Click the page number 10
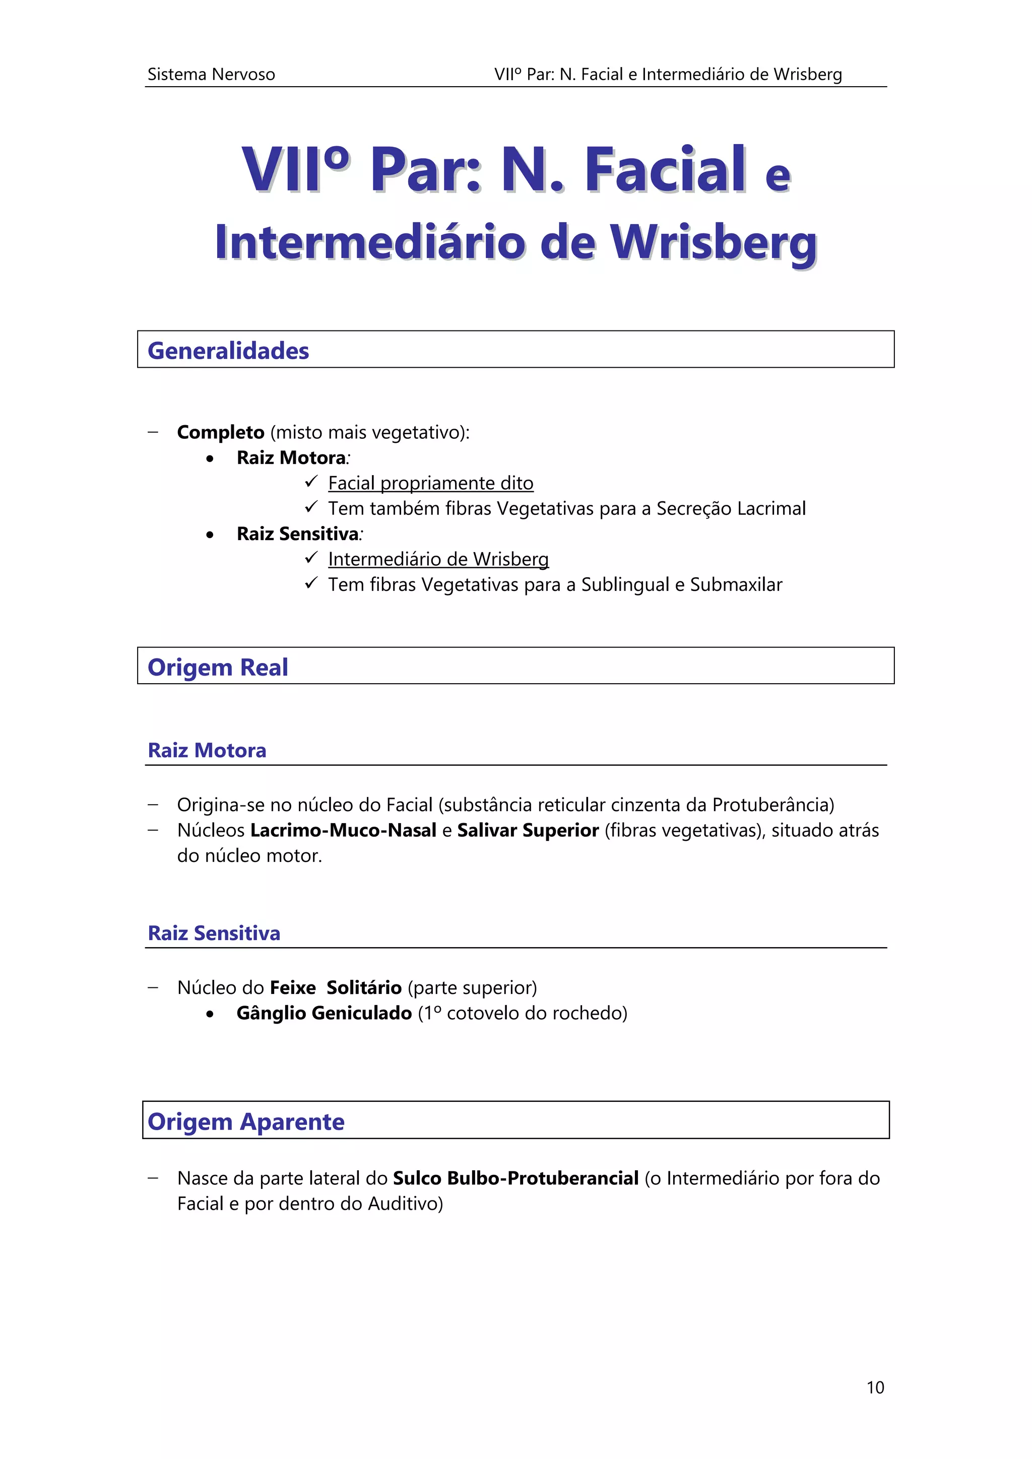point(875,1387)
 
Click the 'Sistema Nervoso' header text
point(211,75)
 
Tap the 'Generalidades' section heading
point(228,351)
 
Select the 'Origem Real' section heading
point(217,667)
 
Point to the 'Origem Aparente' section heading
point(246,1121)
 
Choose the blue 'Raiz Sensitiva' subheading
point(214,933)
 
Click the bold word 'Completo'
point(221,432)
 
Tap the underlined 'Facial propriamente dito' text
point(430,483)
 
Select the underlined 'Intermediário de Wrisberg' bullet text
point(438,559)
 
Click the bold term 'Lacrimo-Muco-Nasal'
point(343,830)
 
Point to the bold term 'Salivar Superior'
point(528,830)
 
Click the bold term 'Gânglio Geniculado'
point(324,1013)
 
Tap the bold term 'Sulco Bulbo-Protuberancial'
point(515,1178)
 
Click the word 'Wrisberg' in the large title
point(714,243)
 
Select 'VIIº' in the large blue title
point(295,170)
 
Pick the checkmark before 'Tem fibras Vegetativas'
point(311,583)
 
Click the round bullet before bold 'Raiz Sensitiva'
point(210,535)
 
